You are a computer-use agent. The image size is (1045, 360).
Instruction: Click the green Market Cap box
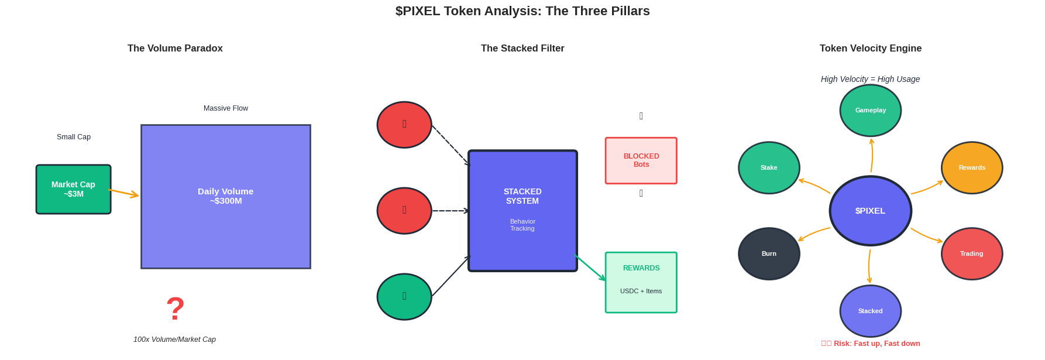click(x=73, y=189)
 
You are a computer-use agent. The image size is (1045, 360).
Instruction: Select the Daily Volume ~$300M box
click(x=225, y=196)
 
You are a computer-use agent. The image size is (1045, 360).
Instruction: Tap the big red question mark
click(x=175, y=308)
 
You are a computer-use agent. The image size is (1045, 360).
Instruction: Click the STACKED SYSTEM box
click(x=522, y=211)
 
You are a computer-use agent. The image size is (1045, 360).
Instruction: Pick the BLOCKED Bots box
click(x=641, y=160)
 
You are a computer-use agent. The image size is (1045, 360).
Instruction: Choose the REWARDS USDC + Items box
click(x=641, y=282)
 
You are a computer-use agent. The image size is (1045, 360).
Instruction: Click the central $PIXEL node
click(x=870, y=211)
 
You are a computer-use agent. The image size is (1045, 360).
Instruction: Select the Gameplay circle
click(x=870, y=110)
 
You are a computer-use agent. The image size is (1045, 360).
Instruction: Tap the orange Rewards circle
click(x=971, y=167)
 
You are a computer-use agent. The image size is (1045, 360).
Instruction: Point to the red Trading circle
click(x=971, y=253)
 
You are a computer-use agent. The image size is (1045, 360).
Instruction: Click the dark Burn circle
click(x=769, y=253)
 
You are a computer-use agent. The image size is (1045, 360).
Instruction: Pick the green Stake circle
click(x=769, y=167)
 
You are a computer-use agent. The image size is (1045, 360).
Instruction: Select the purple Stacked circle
click(x=870, y=311)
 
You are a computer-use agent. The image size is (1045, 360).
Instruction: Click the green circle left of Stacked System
click(x=404, y=296)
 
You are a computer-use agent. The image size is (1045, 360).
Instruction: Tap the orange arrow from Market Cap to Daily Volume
click(x=124, y=193)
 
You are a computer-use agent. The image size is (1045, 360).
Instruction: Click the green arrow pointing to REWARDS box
click(x=591, y=268)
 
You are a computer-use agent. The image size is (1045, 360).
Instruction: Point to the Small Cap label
click(x=74, y=137)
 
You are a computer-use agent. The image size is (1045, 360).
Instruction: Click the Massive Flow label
click(x=225, y=108)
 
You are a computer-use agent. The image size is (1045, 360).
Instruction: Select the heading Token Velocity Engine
click(x=870, y=48)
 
